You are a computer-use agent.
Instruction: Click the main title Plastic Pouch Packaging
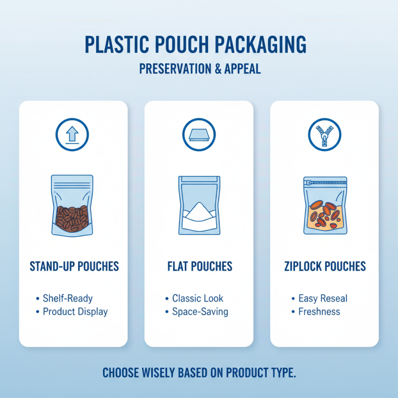coord(196,45)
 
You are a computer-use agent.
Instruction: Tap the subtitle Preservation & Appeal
coord(199,69)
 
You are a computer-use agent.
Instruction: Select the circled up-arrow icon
coord(73,134)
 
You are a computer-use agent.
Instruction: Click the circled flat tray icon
coord(199,134)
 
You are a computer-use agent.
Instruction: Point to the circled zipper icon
coord(324,134)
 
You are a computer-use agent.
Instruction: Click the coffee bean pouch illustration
coord(72,205)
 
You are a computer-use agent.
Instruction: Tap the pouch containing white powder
coord(199,205)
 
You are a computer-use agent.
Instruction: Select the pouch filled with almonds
coord(325,205)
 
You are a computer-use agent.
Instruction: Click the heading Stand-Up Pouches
coord(75,266)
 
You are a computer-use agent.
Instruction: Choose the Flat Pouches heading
coord(199,266)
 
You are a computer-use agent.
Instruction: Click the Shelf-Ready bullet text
coord(68,298)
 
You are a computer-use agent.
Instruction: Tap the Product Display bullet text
coord(75,312)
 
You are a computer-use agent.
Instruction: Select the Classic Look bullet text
coord(198,298)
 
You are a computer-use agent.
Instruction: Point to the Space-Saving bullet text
coord(200,312)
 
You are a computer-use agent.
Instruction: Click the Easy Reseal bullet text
coord(323,298)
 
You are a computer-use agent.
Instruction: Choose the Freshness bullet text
coord(319,312)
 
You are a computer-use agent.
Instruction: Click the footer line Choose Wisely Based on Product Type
coord(199,373)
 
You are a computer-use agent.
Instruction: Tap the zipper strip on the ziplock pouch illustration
coord(326,183)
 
